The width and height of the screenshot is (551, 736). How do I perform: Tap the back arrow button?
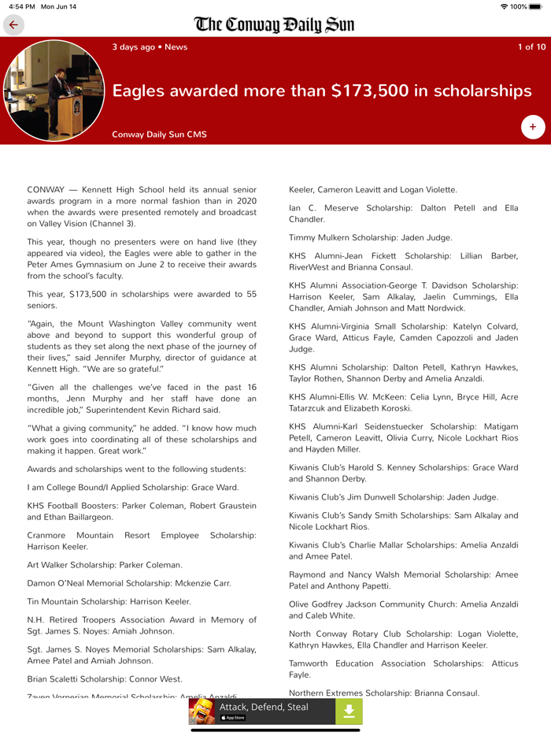point(13,25)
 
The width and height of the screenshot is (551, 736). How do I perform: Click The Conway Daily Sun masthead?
point(275,25)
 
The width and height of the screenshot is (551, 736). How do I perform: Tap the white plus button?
point(533,126)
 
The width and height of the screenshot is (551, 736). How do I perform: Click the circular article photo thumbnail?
point(54,91)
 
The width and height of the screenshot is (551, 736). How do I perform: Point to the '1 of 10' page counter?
point(531,47)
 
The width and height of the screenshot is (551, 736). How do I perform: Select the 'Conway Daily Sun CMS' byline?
point(159,135)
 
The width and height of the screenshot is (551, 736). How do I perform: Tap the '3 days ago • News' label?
point(150,47)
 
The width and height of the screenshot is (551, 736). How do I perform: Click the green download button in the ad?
point(349,712)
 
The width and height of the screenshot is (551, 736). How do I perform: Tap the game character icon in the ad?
point(202,712)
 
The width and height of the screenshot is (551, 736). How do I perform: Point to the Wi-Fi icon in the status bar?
point(504,6)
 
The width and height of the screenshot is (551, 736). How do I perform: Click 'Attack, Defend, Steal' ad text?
point(264,708)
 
